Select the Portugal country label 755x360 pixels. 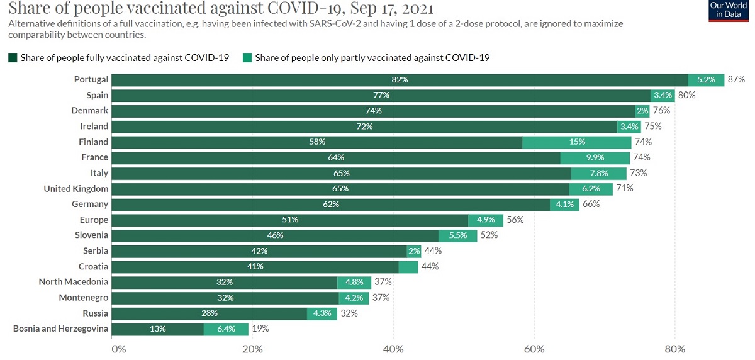coord(91,80)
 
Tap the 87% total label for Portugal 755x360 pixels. coord(736,80)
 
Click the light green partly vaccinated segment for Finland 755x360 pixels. coord(576,142)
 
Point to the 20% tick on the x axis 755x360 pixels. coord(252,348)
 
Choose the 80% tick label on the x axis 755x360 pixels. coord(675,348)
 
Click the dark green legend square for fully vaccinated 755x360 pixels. coord(13,58)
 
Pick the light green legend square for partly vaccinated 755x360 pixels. coord(247,58)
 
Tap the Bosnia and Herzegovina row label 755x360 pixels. coord(60,329)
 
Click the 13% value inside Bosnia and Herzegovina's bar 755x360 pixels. coord(158,329)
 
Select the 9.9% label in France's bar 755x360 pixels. coord(595,157)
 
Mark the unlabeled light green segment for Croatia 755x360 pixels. coord(408,266)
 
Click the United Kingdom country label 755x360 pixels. coord(76,188)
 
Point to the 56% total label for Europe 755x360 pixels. coord(515,220)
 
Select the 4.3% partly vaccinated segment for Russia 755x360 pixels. coord(322,313)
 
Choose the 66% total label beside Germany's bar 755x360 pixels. coord(591,204)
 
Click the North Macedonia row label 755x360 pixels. coord(74,282)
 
